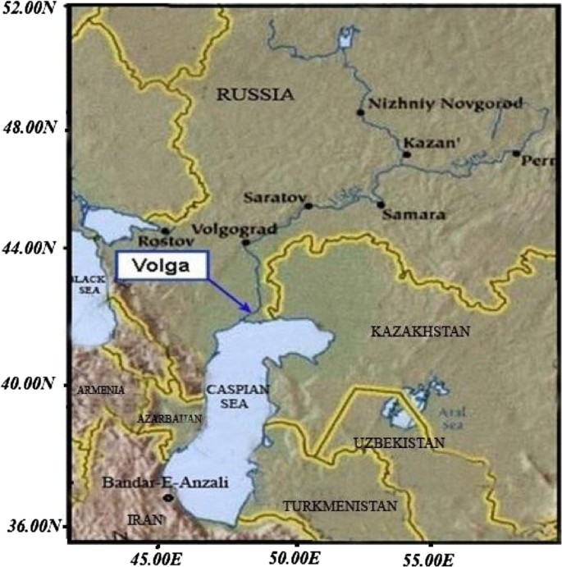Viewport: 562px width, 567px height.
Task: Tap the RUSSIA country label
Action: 254,95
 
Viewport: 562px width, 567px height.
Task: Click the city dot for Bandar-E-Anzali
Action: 168,497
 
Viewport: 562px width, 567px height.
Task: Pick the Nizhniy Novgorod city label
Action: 434,104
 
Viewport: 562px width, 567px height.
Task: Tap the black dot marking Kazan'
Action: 406,154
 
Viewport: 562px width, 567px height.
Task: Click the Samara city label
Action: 418,216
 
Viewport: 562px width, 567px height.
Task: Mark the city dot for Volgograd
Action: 245,242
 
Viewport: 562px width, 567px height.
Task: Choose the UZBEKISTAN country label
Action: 400,443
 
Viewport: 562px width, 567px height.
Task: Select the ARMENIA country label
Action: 101,390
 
